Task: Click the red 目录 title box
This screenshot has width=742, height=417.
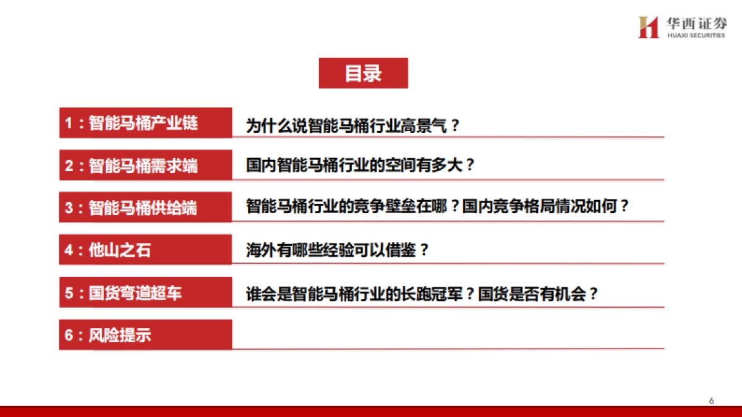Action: click(363, 74)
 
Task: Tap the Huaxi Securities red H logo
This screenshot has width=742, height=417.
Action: click(648, 27)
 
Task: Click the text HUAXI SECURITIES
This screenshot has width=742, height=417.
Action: click(696, 36)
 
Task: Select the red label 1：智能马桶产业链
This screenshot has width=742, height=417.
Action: click(145, 123)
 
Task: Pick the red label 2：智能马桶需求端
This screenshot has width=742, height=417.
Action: click(145, 166)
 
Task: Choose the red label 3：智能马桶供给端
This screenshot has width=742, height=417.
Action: click(145, 208)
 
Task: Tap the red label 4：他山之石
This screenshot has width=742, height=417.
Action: click(145, 250)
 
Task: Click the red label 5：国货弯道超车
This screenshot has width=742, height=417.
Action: click(145, 293)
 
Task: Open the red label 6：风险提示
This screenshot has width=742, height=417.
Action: click(145, 335)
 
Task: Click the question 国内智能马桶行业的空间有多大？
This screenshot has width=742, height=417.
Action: click(360, 166)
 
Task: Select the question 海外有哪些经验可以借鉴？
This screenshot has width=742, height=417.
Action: click(338, 250)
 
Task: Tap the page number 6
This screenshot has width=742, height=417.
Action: click(712, 401)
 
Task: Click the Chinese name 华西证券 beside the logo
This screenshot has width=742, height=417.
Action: click(696, 23)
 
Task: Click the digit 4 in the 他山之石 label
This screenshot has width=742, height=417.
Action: click(69, 251)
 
